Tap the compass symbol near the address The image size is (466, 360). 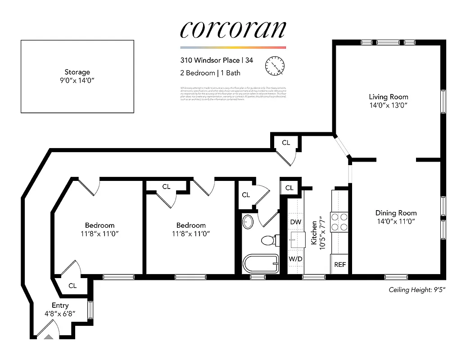tap(275, 66)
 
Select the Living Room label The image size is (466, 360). tap(388, 97)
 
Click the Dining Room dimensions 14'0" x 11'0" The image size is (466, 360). tap(396, 221)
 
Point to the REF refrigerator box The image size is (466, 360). tap(340, 265)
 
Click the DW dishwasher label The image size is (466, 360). tap(295, 222)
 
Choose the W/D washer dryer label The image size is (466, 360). tap(295, 259)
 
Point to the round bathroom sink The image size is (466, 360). tap(248, 221)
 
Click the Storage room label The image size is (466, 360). tap(77, 72)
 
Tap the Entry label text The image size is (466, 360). tap(60, 306)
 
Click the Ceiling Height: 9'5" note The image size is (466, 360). tap(419, 290)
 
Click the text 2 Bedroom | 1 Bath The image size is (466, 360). tap(210, 73)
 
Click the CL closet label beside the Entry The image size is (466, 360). tap(72, 285)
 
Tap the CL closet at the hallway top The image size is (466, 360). tap(286, 143)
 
